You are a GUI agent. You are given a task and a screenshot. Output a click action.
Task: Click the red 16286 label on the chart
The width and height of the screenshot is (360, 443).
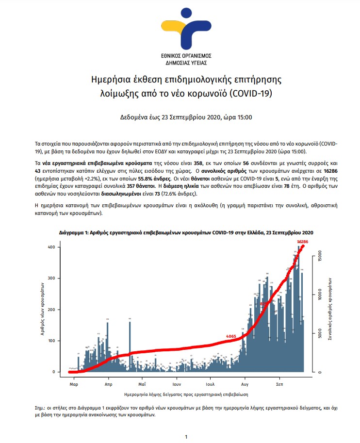pyautogui.click(x=303, y=241)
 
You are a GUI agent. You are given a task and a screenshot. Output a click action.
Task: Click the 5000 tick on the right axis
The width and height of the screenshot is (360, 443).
pyautogui.click(x=320, y=333)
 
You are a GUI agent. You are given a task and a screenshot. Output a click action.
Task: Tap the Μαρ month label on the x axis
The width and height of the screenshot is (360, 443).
pyautogui.click(x=74, y=383)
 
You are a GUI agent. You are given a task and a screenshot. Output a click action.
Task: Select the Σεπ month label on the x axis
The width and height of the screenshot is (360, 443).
pyautogui.click(x=279, y=383)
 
